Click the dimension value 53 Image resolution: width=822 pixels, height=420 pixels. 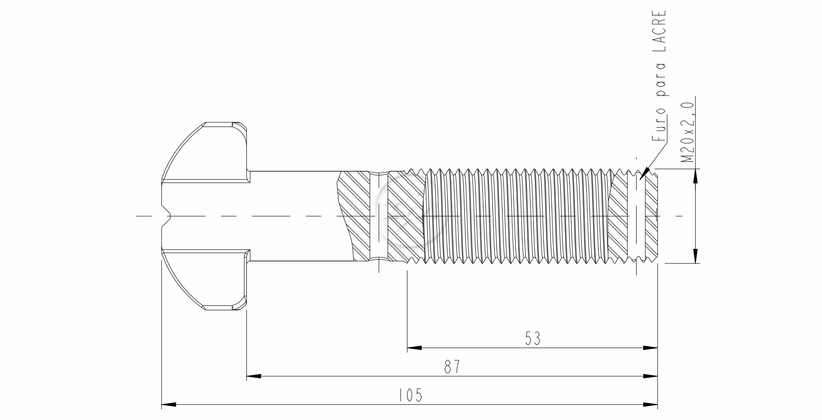point(533,339)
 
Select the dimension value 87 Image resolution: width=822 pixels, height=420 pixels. point(452,367)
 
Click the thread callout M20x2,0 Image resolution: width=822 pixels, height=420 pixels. point(687,131)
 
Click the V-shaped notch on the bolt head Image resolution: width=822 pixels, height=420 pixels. point(166,216)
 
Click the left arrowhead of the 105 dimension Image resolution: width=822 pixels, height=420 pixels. point(168,405)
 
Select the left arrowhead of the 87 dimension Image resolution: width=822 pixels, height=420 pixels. point(254,376)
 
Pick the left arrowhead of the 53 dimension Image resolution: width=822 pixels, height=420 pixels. point(414,347)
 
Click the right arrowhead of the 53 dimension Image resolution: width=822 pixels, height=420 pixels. point(650,347)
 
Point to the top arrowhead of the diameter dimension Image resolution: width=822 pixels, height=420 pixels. point(695,176)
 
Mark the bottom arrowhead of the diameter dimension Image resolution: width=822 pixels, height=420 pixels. point(695,256)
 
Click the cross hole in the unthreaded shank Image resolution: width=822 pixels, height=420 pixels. point(379,216)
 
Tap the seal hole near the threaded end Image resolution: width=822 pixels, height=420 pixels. point(636,216)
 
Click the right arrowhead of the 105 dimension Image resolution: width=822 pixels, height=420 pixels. point(650,405)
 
